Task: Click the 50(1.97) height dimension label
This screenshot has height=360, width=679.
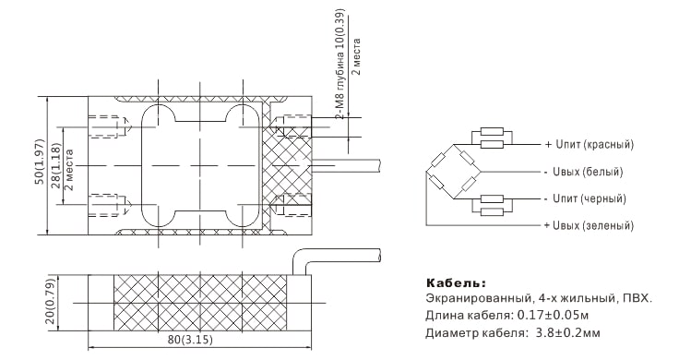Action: [x=40, y=162]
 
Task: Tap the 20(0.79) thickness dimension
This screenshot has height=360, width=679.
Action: [x=50, y=303]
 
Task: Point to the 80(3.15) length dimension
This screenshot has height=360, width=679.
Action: [x=191, y=340]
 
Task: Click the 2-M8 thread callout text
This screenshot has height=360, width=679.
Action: [x=340, y=64]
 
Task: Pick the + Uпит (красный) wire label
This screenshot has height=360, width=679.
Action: [x=589, y=145]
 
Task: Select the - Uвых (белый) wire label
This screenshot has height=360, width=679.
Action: [x=584, y=172]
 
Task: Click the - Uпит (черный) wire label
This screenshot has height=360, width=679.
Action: [x=586, y=198]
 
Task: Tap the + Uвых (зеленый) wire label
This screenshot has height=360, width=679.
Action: [x=589, y=226]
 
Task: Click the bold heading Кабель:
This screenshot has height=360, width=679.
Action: [x=457, y=283]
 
